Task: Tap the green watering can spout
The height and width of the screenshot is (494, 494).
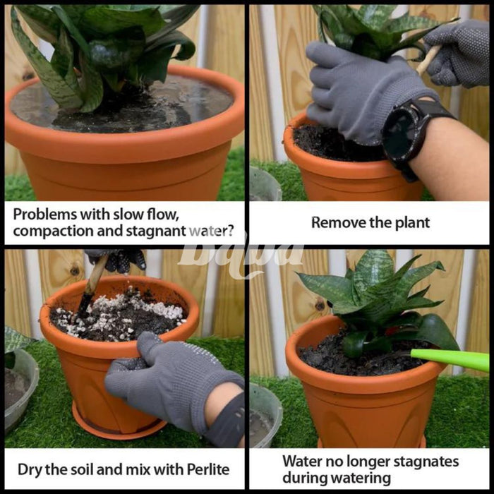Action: tap(450, 359)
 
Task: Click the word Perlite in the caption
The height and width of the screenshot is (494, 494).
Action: tap(208, 469)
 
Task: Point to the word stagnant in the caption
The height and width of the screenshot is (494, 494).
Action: tap(156, 231)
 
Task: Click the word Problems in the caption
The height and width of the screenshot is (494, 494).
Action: tap(45, 215)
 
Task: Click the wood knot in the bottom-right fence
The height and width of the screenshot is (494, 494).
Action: tap(320, 305)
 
